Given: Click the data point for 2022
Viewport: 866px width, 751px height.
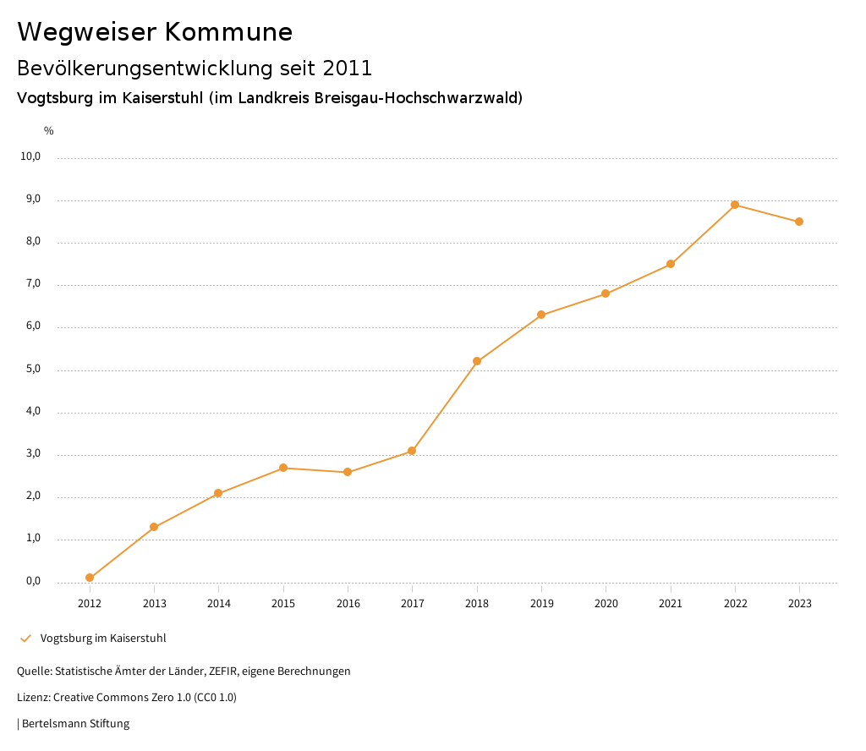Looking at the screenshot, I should point(735,205).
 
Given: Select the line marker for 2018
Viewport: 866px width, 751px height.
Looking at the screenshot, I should point(477,361).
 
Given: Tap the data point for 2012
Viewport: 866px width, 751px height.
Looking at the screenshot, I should point(90,578).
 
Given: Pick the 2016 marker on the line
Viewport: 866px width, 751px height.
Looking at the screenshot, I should point(348,472).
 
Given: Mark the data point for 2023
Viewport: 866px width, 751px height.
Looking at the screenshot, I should point(799,222).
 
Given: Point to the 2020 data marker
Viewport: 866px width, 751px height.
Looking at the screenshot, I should point(606,293).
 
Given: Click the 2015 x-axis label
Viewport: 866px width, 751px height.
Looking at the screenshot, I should point(283,603).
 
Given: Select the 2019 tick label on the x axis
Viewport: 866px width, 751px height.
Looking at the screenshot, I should point(541,603).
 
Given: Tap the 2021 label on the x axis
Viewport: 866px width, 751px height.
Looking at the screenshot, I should point(671,603).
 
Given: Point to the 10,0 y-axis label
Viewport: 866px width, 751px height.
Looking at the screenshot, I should point(30,156).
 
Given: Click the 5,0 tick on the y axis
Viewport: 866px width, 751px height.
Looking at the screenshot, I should point(33,369).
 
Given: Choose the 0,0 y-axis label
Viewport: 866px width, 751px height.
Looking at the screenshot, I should point(33,581).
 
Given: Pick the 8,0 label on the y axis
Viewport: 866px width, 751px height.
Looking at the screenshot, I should point(33,242).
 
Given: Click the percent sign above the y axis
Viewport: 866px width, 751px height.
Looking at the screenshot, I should point(49,130).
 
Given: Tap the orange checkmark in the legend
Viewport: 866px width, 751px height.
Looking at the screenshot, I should point(25,638).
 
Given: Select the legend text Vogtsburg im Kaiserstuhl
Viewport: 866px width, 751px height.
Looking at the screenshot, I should point(103,638).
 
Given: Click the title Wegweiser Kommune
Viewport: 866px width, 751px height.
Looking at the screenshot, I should point(155,31).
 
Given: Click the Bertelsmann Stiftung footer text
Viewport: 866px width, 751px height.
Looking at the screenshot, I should point(75,723).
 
